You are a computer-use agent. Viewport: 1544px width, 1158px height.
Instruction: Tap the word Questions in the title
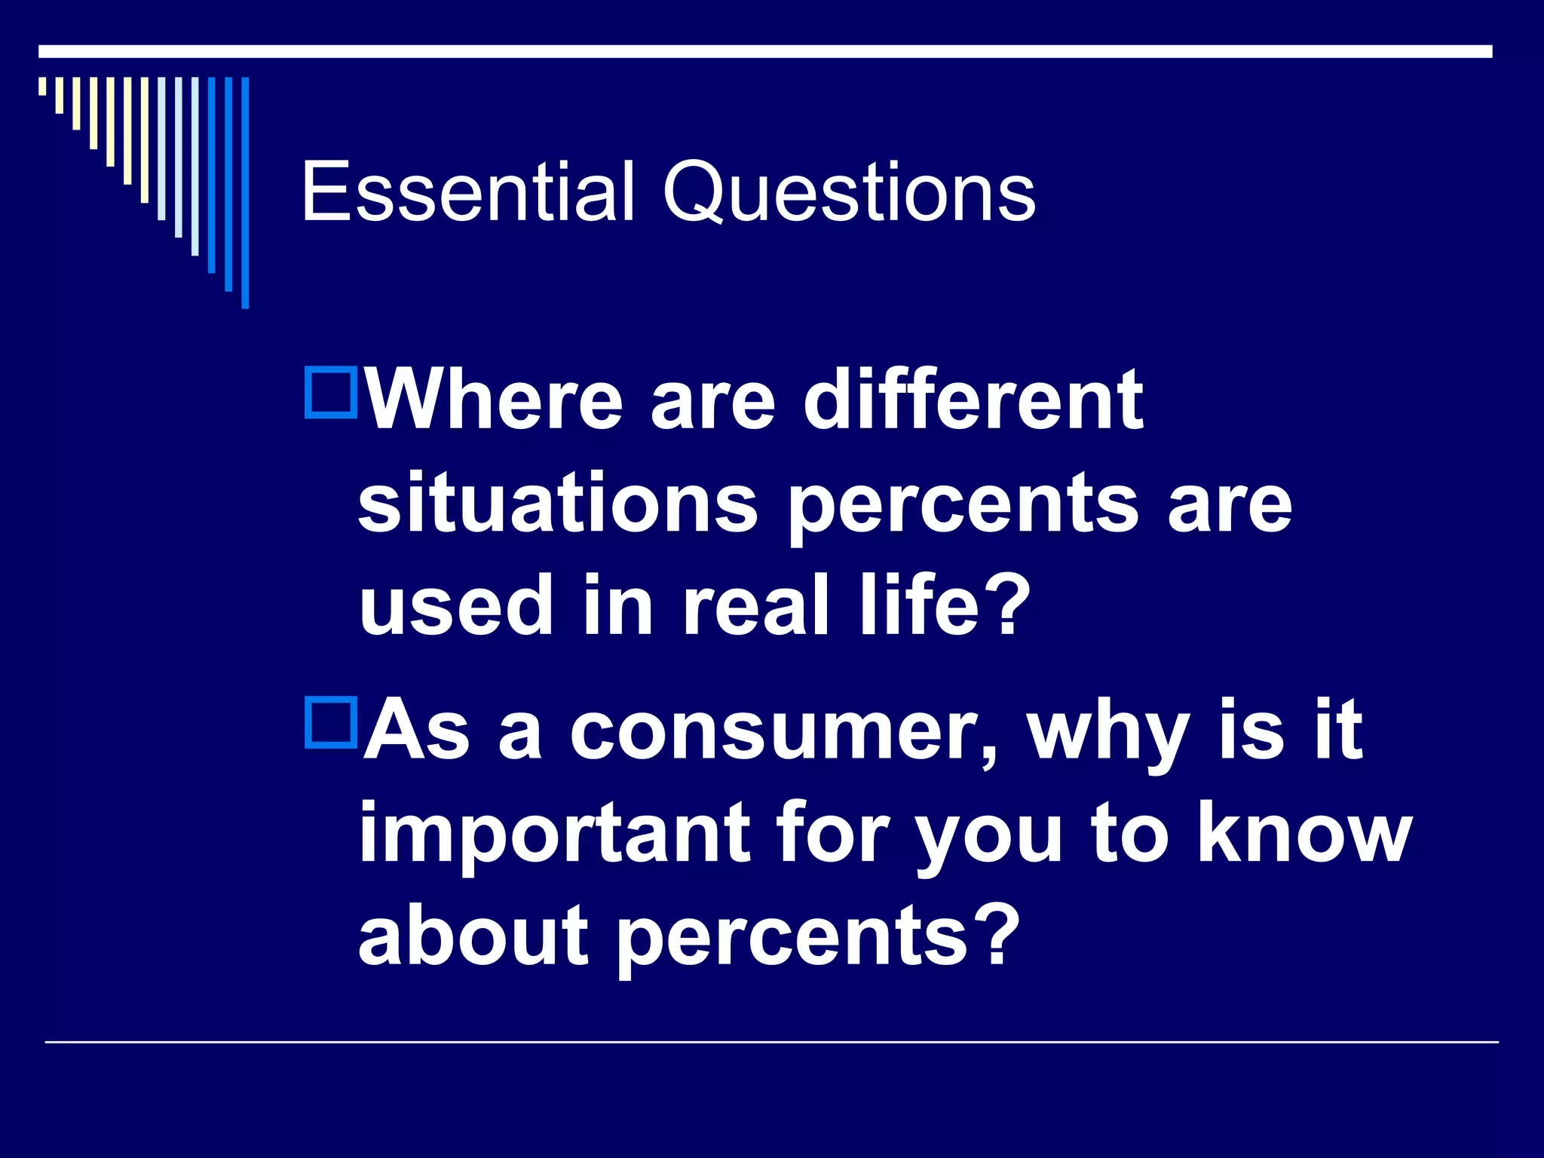849,195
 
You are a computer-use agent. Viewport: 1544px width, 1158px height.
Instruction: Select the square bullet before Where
331,392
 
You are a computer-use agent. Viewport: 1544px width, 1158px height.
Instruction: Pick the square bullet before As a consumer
331,724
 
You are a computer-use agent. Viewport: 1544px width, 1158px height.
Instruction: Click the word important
554,835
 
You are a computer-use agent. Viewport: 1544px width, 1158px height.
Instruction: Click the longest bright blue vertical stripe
245,192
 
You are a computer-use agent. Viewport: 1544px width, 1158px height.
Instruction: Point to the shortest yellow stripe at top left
43,86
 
